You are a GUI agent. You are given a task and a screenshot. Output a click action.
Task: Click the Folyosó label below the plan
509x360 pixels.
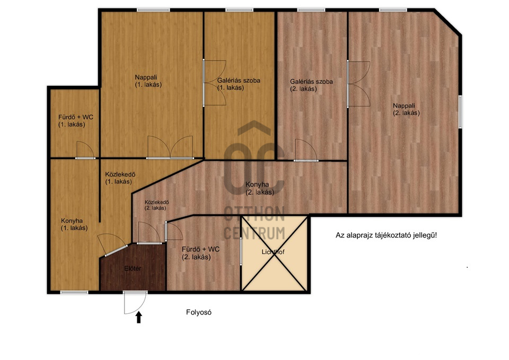click(x=199, y=312)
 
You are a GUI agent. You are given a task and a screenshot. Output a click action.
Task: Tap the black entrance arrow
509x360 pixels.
click(x=139, y=317)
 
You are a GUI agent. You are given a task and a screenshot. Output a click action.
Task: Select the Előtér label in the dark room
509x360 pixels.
click(x=133, y=268)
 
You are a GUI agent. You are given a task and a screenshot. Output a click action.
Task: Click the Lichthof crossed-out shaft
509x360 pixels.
click(x=274, y=253)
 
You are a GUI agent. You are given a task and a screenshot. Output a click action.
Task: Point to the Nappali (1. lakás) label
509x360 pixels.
click(x=148, y=81)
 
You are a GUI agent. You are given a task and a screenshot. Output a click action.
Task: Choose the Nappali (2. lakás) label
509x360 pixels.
click(x=406, y=109)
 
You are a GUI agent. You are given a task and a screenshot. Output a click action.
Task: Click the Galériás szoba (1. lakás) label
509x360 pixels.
click(x=239, y=84)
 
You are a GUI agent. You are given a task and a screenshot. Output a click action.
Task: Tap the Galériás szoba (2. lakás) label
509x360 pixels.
click(x=311, y=85)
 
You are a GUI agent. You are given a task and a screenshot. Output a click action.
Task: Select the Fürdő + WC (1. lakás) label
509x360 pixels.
click(x=76, y=121)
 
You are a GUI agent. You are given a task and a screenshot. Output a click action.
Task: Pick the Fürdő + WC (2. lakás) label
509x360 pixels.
click(x=200, y=253)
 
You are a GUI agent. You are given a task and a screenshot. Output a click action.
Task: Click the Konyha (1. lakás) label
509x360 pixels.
click(x=74, y=224)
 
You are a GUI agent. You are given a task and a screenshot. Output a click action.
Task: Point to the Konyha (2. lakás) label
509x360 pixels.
click(x=260, y=188)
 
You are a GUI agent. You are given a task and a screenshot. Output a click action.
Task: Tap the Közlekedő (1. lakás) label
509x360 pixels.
click(x=120, y=178)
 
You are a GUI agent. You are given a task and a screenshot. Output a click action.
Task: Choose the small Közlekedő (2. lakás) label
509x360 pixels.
click(x=156, y=205)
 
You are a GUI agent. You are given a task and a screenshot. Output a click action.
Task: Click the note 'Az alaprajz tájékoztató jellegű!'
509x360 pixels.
click(x=387, y=235)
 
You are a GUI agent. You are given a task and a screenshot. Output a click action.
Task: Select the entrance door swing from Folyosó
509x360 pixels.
click(x=135, y=303)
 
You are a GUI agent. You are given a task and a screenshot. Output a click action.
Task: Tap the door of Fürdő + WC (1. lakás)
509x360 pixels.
click(x=85, y=150)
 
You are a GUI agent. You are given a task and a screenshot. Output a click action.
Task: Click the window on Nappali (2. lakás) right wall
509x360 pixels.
click(x=460, y=112)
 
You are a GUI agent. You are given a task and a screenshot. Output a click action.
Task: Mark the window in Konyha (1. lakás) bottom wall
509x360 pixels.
click(x=74, y=293)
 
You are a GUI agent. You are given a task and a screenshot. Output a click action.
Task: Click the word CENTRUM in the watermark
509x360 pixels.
click(x=254, y=233)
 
